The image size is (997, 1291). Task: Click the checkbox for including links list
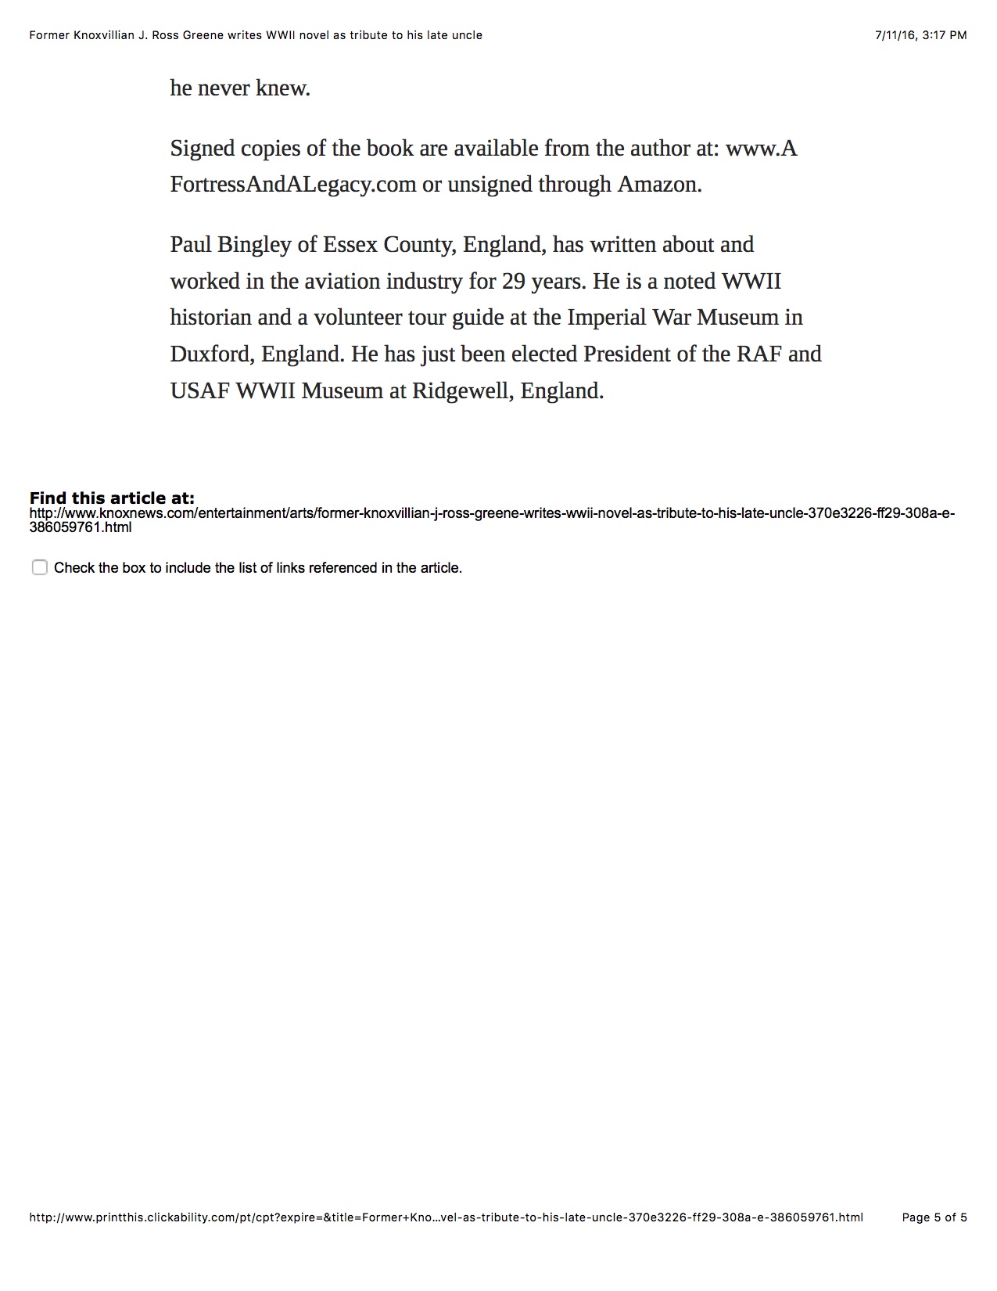[40, 567]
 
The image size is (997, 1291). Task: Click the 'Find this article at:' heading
[112, 498]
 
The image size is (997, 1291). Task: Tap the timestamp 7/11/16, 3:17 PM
[920, 34]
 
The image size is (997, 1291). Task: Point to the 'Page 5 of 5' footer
[934, 1217]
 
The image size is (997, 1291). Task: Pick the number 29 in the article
[513, 281]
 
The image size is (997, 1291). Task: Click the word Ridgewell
[461, 390]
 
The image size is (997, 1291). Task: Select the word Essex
[350, 245]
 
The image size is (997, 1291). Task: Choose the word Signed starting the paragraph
[202, 149]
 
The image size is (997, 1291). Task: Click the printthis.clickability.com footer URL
[446, 1217]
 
